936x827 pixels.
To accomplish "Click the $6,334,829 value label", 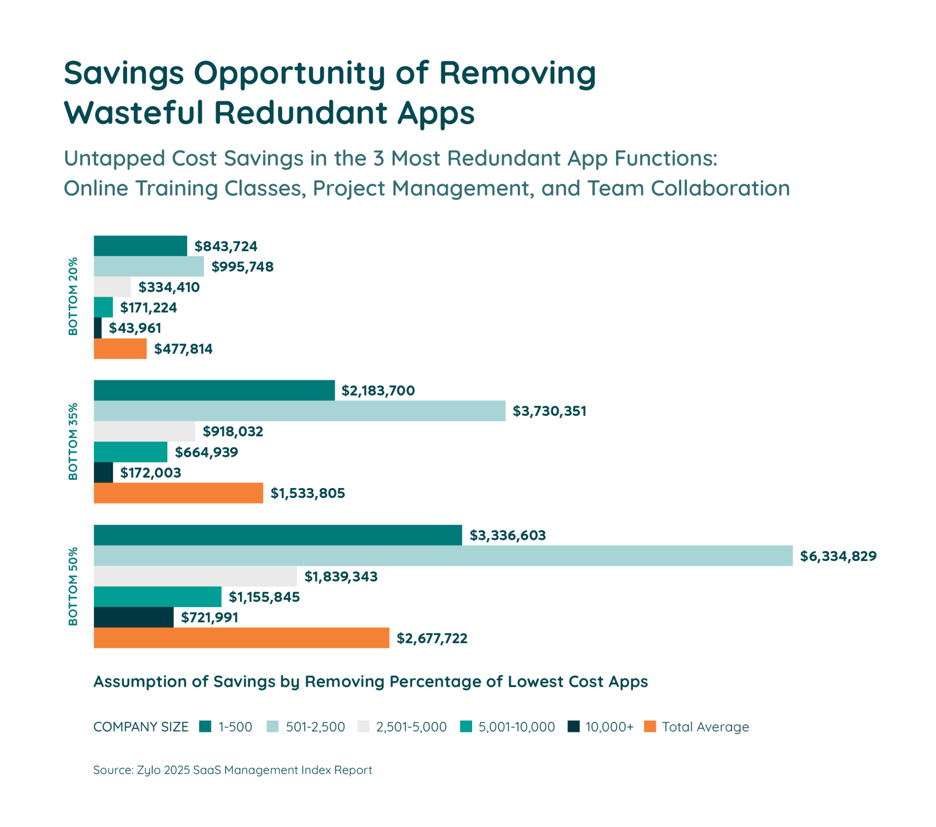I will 838,556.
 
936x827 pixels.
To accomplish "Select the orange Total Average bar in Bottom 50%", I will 241,638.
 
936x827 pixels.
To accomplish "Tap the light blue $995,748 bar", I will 149,266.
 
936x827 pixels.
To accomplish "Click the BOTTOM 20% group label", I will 73,296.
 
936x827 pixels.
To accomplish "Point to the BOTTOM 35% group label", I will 73,441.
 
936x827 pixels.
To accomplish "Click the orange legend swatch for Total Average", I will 650,727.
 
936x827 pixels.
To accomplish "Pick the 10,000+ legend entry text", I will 609,727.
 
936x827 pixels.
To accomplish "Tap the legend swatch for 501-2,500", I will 272,727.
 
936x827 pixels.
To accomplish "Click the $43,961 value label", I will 135,328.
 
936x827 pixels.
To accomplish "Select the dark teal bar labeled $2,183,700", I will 214,390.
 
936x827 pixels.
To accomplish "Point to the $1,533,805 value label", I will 307,493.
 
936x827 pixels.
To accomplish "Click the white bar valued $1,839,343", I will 195,576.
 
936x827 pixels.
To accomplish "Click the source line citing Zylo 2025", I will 232,770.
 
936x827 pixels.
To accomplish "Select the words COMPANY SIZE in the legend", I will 141,727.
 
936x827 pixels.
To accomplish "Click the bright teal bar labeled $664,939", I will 131,452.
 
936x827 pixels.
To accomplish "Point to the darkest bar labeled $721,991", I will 134,617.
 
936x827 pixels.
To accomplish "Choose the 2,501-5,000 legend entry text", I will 411,727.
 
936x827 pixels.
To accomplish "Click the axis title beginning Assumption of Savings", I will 371,681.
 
